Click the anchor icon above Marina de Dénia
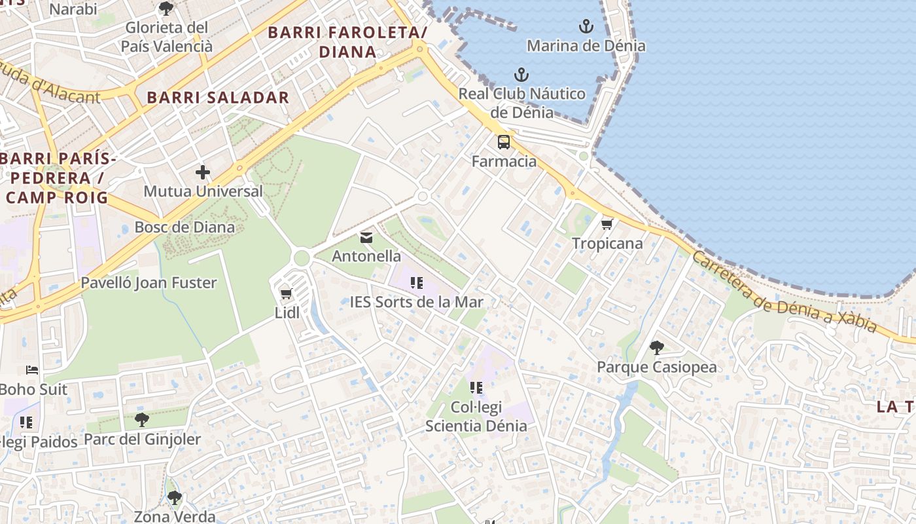586,26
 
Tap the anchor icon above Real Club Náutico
521,74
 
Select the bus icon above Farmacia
504,141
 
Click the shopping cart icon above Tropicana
607,224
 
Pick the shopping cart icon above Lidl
286,293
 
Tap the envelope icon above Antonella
366,237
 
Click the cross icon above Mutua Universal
203,172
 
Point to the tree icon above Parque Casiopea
657,348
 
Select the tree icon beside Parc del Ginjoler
142,420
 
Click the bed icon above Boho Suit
31,370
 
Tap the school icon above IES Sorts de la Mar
417,283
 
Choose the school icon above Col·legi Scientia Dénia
476,388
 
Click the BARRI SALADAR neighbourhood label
218,98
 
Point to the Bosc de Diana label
185,227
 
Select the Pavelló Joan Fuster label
149,283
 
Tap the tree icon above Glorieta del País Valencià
166,9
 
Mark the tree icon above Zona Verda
175,498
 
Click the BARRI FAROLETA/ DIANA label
347,41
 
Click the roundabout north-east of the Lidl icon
301,257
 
